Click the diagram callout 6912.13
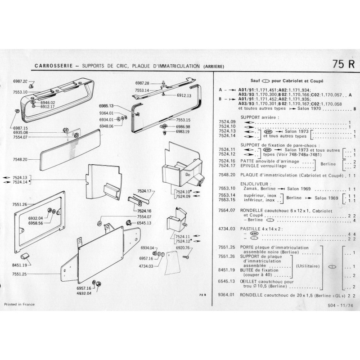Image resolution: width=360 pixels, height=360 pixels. coord(184,96)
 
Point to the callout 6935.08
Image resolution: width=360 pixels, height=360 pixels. coord(21,133)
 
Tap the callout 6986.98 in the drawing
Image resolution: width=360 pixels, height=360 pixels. coord(184,127)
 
